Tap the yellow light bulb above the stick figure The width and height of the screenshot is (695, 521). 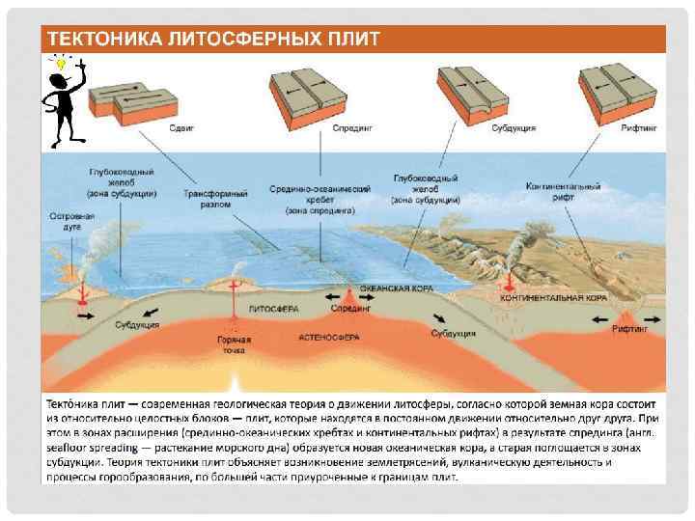tap(60, 63)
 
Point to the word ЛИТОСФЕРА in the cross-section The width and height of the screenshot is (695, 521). tap(273, 310)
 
